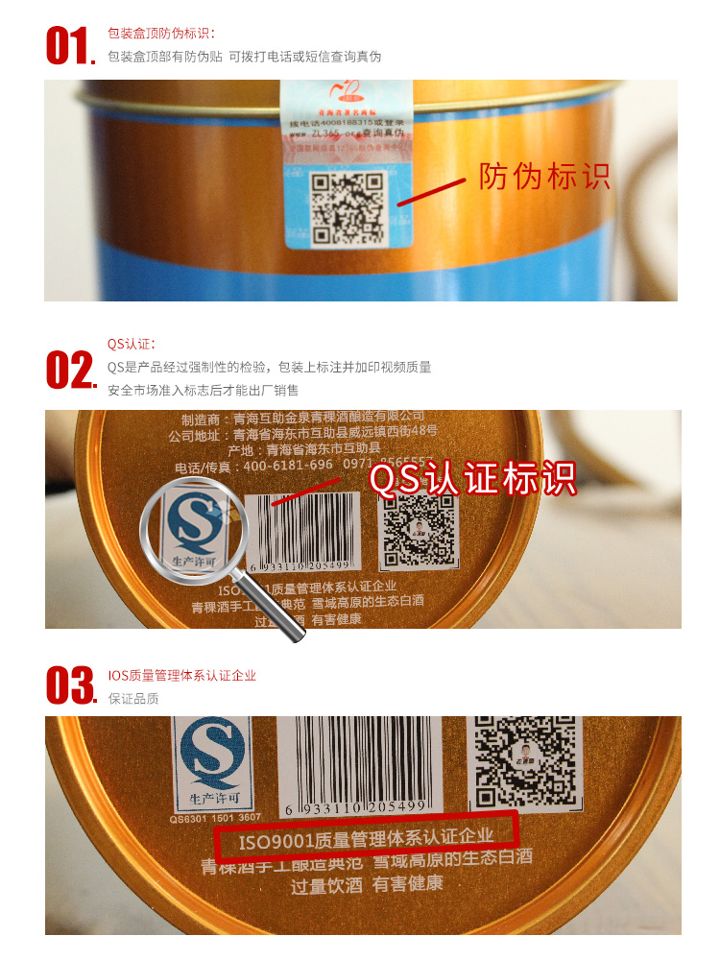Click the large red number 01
point(68,46)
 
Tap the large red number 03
point(70,685)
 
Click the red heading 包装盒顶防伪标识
point(161,35)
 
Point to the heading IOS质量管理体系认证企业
point(182,676)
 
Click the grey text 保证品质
point(133,699)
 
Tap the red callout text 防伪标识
point(544,177)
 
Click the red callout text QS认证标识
point(472,478)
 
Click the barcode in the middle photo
point(303,530)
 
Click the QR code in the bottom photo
point(529,758)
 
